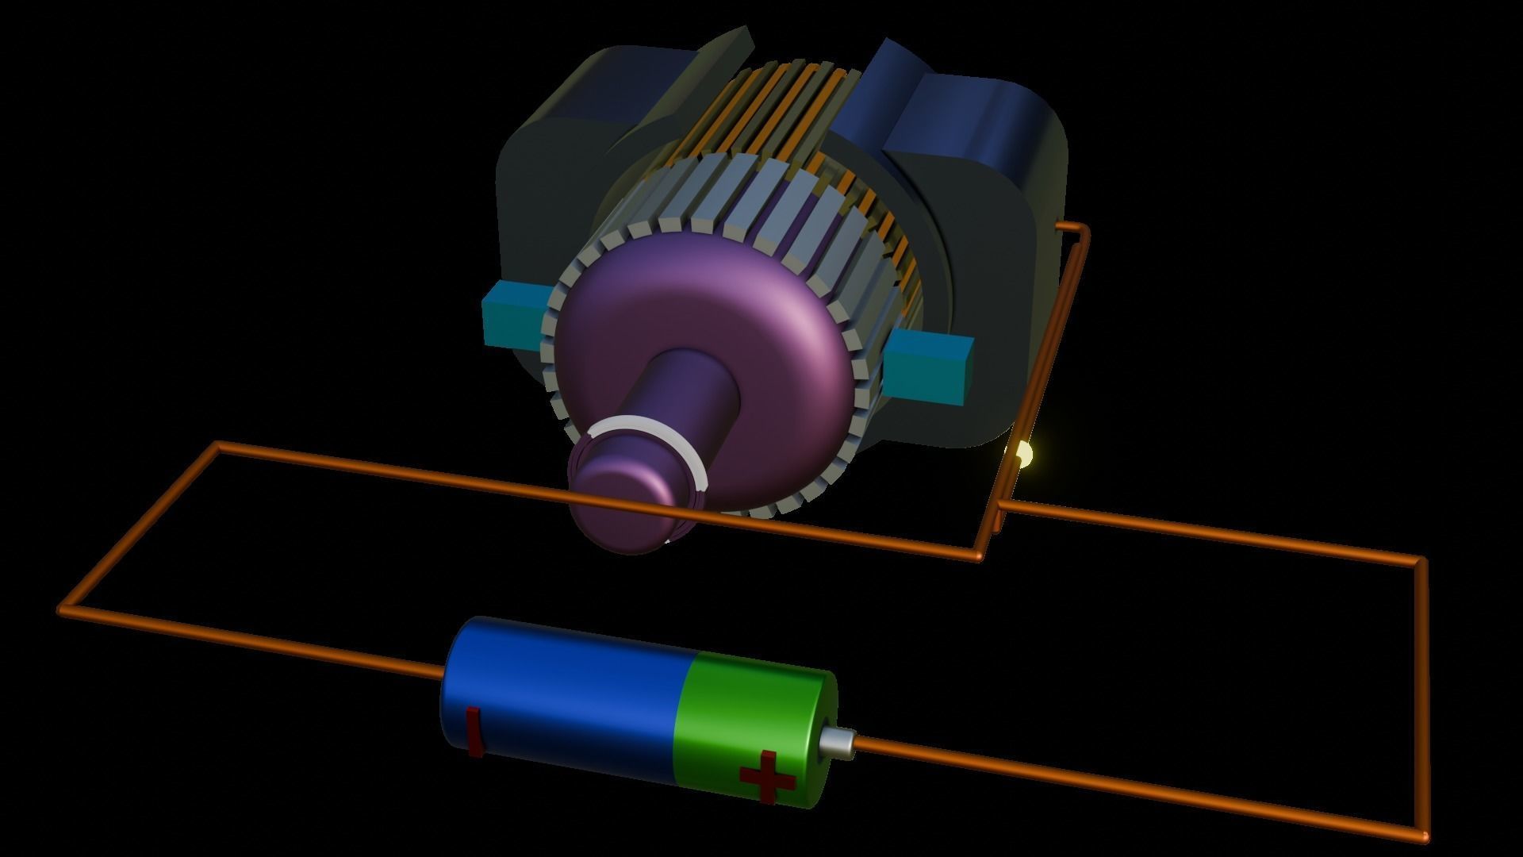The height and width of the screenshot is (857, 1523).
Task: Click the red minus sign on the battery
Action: (474, 730)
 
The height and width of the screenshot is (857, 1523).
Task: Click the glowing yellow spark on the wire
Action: (1024, 455)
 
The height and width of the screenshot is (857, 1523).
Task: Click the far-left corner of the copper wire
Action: (63, 609)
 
